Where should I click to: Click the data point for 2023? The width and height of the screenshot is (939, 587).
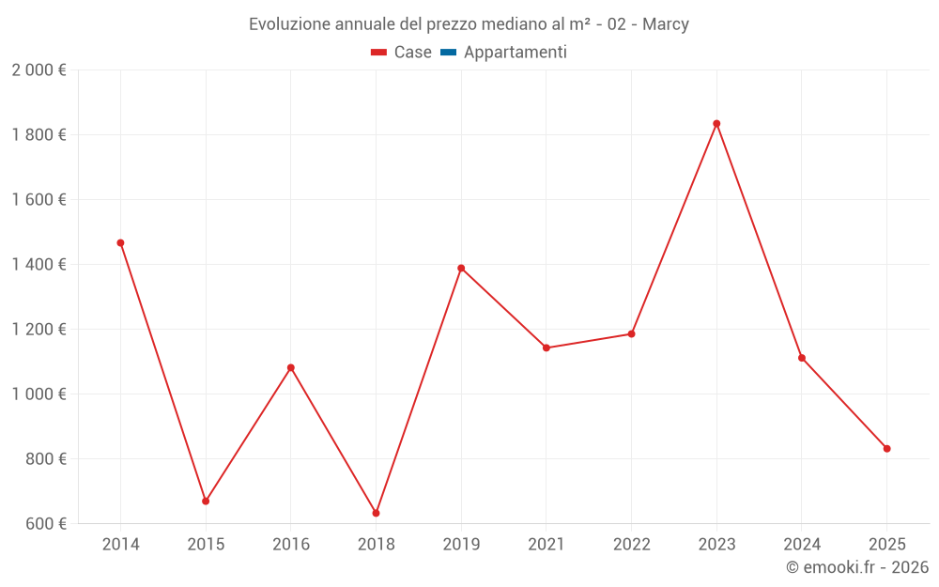coord(716,124)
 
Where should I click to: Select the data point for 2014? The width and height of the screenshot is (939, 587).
coord(120,243)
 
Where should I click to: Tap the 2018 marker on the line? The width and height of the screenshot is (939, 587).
coord(376,513)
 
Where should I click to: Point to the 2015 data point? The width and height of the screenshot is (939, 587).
coord(206,502)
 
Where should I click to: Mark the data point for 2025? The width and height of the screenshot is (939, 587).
coord(886,449)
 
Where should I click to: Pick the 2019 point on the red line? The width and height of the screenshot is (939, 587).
coord(461,269)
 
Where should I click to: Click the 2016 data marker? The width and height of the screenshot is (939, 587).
coord(291,368)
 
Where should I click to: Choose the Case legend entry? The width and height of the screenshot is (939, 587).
coord(402,53)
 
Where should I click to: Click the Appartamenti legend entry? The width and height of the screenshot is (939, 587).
coord(504,53)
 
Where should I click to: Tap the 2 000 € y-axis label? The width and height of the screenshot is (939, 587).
coord(38,70)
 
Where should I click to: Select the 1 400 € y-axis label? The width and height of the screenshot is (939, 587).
coord(38,265)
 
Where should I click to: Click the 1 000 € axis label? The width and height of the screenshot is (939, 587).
coord(38,394)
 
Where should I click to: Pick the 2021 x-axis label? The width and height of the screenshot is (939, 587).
coord(546,545)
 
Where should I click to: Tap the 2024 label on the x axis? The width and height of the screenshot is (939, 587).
coord(801,545)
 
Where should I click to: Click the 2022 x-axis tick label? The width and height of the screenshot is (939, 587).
coord(631,545)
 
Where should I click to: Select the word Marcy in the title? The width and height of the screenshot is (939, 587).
coord(666,24)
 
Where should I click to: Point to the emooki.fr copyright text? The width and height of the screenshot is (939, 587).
coord(857,567)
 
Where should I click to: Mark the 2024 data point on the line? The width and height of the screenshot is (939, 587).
coord(802,358)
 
